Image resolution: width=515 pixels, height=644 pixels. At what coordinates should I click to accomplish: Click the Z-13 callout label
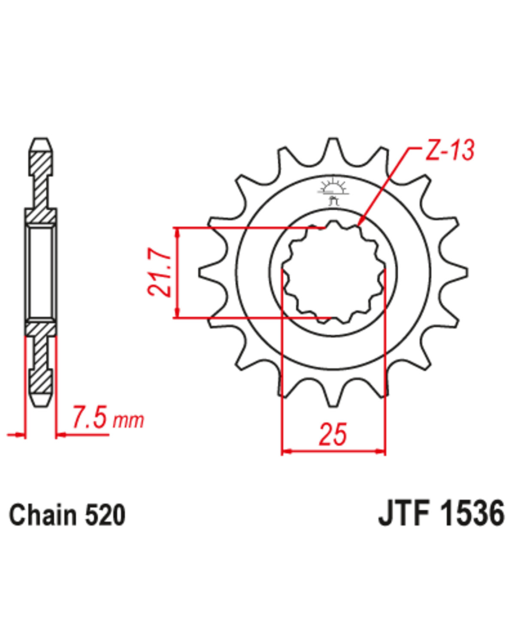pyautogui.click(x=449, y=150)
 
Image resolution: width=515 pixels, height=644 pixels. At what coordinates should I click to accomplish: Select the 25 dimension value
pyautogui.click(x=333, y=434)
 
